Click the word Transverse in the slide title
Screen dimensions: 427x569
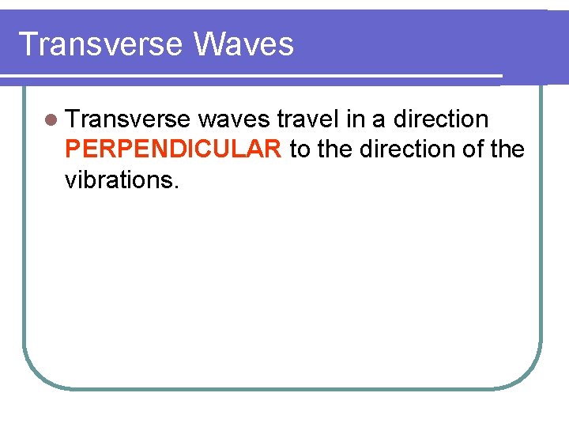pyautogui.click(x=100, y=44)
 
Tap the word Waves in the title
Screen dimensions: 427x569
pyautogui.click(x=243, y=44)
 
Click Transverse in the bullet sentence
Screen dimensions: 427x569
pyautogui.click(x=128, y=119)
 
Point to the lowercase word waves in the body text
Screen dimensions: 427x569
pyautogui.click(x=235, y=119)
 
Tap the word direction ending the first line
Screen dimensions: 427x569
pyautogui.click(x=441, y=119)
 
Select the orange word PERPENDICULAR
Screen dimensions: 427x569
pyautogui.click(x=173, y=149)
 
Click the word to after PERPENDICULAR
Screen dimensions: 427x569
pyautogui.click(x=300, y=149)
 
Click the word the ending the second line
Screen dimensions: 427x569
pyautogui.click(x=507, y=149)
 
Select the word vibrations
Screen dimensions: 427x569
pyautogui.click(x=120, y=179)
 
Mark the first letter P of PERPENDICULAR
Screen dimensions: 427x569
pyautogui.click(x=73, y=149)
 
